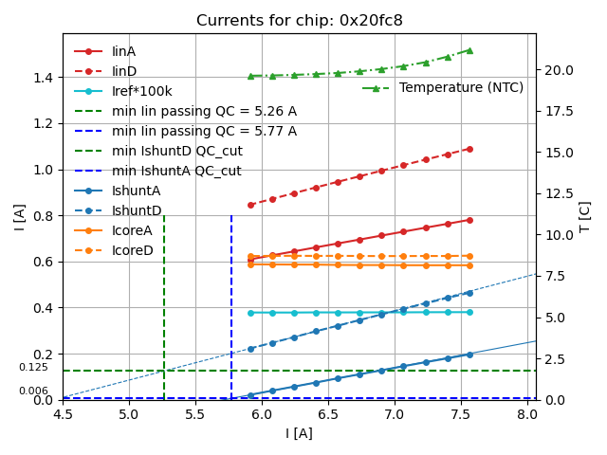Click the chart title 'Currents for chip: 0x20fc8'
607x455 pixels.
coord(300,21)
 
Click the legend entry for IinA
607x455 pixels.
coord(123,51)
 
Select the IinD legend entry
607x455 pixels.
coord(123,71)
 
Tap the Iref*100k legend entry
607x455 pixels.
coord(141,91)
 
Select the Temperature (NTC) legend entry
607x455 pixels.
coord(461,87)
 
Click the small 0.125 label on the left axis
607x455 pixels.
coord(33,367)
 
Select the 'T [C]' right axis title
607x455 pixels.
coord(585,216)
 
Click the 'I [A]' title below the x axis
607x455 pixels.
coord(300,433)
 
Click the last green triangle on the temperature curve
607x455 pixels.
coord(469,50)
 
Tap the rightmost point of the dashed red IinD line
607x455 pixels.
coord(469,149)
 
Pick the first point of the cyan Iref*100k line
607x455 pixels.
coord(250,313)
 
